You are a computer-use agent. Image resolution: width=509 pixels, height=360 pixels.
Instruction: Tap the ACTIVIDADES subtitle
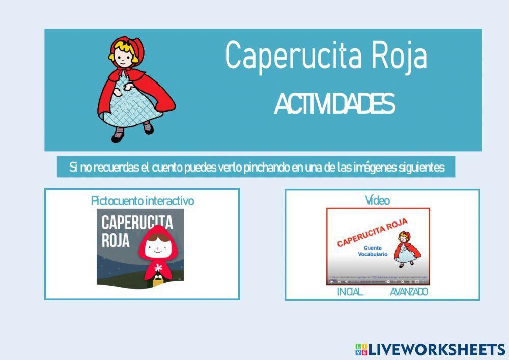pyautogui.click(x=334, y=104)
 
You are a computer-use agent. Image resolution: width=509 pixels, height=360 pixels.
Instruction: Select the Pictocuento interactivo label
pyautogui.click(x=143, y=201)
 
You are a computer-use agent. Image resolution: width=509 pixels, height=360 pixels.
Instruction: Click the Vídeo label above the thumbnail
pyautogui.click(x=377, y=201)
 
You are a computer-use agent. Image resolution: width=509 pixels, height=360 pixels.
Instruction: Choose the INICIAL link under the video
pyautogui.click(x=350, y=292)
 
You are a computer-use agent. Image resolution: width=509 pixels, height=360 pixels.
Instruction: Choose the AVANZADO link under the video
pyautogui.click(x=409, y=292)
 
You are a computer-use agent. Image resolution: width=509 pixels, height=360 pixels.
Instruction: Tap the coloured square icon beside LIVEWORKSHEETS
pyautogui.click(x=361, y=349)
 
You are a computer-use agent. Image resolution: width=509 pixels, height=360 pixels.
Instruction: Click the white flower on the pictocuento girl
pyautogui.click(x=157, y=268)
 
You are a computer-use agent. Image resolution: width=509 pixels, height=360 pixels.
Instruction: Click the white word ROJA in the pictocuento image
pyautogui.click(x=116, y=240)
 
